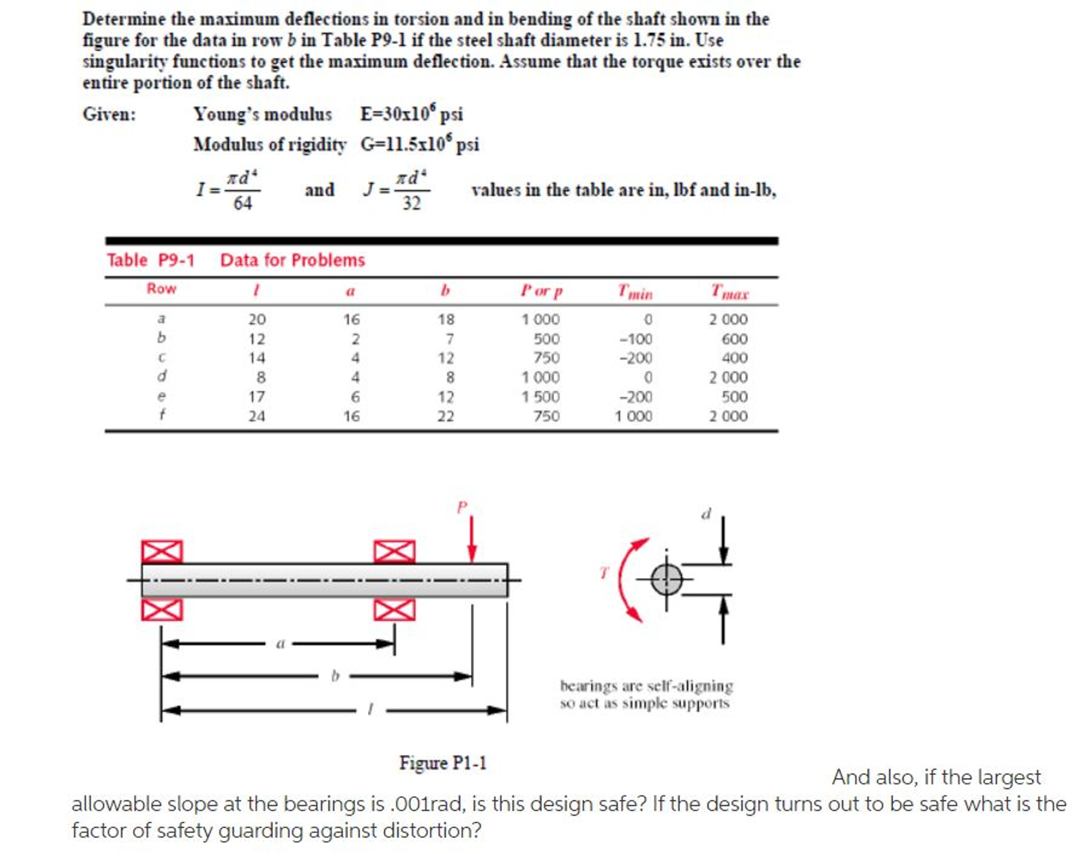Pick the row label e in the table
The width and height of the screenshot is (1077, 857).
tap(161, 396)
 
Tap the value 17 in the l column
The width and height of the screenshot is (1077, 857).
tap(257, 396)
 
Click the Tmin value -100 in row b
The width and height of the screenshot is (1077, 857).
tap(635, 338)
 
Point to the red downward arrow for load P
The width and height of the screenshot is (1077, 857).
tap(472, 539)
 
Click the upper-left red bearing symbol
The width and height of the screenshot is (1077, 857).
tap(162, 551)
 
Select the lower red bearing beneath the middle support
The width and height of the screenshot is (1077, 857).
tap(394, 609)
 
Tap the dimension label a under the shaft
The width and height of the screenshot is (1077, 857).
tap(280, 642)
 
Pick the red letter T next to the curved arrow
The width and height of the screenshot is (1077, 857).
tap(604, 572)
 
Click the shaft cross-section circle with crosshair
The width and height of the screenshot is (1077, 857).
tap(666, 579)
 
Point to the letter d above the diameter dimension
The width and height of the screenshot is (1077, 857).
tap(706, 513)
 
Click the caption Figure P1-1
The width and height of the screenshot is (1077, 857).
tap(442, 762)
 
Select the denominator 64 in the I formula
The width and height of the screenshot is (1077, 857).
tap(243, 203)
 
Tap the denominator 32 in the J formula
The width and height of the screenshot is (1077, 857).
tap(412, 203)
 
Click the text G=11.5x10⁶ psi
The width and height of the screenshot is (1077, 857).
tap(420, 144)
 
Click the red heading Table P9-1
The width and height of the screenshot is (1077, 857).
tap(151, 260)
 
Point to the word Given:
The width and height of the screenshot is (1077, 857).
tap(109, 114)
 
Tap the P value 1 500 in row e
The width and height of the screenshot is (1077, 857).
tap(541, 396)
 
